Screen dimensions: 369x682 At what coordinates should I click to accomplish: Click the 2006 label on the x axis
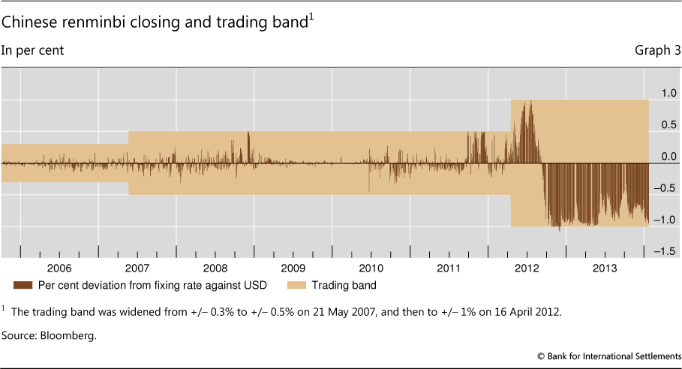coord(59,268)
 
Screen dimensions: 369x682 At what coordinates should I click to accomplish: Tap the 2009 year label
coord(293,268)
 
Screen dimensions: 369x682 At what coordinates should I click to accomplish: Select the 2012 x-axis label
coord(527,268)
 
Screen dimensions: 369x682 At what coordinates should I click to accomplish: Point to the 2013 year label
coord(605,268)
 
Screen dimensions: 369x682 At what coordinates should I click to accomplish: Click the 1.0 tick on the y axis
coord(668,92)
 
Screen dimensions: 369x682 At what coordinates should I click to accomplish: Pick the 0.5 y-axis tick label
coord(668,124)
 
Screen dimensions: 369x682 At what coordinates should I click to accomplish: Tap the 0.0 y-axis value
coord(668,157)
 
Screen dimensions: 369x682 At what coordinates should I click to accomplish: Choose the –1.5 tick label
coord(665,251)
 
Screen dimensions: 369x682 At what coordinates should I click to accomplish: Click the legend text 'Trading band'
coord(344,285)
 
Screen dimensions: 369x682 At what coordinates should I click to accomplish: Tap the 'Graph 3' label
coord(657,51)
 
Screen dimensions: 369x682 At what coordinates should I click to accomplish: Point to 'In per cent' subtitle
coord(32,51)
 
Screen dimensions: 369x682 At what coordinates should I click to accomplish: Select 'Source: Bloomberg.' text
coord(49,335)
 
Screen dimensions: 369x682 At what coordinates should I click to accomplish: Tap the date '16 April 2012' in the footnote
coord(530,310)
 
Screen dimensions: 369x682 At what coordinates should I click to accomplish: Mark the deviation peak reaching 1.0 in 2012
coord(530,102)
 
